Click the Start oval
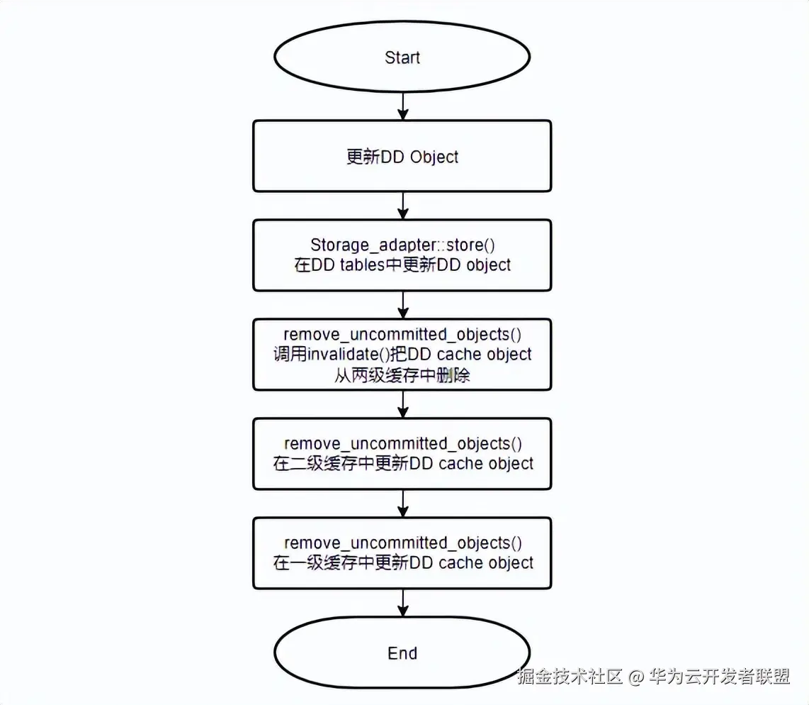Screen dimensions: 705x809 (x=402, y=57)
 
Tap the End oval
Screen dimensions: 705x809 (x=402, y=653)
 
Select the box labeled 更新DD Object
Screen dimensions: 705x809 (x=402, y=155)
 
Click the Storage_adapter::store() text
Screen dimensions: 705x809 (x=402, y=245)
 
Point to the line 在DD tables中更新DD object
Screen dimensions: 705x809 (x=402, y=265)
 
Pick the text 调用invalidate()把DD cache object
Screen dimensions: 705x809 (x=402, y=354)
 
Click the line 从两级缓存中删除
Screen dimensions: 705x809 (x=402, y=375)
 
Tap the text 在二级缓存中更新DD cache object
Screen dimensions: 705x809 (x=402, y=463)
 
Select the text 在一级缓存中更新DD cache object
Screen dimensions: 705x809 (x=402, y=562)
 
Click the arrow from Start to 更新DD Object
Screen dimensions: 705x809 (x=402, y=106)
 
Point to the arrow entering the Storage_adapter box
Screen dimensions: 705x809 (x=402, y=206)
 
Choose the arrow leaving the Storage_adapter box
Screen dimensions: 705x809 (x=402, y=305)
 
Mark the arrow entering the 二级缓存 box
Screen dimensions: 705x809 (x=402, y=404)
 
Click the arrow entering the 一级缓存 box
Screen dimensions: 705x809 (x=402, y=504)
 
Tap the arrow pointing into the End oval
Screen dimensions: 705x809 (x=402, y=603)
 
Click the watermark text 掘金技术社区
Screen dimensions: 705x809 (x=570, y=677)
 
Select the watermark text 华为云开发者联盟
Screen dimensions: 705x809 (x=719, y=677)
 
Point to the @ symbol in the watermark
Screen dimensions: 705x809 (x=635, y=677)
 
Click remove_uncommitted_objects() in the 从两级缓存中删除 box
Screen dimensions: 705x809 (x=402, y=334)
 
